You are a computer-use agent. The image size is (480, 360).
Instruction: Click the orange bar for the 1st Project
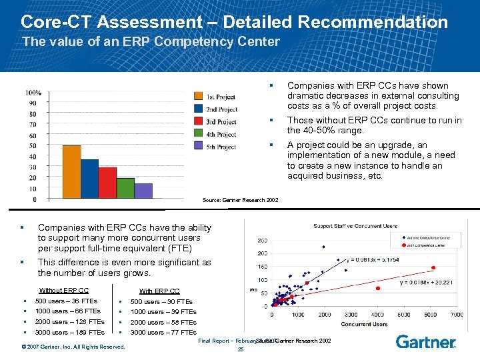71,172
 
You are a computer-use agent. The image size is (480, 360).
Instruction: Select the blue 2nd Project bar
89,179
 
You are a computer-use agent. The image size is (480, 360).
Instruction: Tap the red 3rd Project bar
107,183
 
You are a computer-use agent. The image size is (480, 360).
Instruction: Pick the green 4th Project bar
125,188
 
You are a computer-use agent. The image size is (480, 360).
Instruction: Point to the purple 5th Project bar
143,191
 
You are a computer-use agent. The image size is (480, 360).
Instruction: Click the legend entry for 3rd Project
215,122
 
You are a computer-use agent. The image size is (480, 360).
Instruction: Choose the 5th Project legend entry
215,147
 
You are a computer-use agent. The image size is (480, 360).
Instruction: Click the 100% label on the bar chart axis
33,93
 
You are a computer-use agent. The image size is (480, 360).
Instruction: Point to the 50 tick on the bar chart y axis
33,145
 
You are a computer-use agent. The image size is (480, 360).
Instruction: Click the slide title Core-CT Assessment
234,22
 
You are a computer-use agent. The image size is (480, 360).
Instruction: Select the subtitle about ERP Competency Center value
151,41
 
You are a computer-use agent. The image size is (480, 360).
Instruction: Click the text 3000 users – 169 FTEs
70,332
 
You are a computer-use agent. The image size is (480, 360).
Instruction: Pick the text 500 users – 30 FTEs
161,301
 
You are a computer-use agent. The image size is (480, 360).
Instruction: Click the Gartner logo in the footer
425,341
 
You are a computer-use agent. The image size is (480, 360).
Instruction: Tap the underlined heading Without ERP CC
64,290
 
